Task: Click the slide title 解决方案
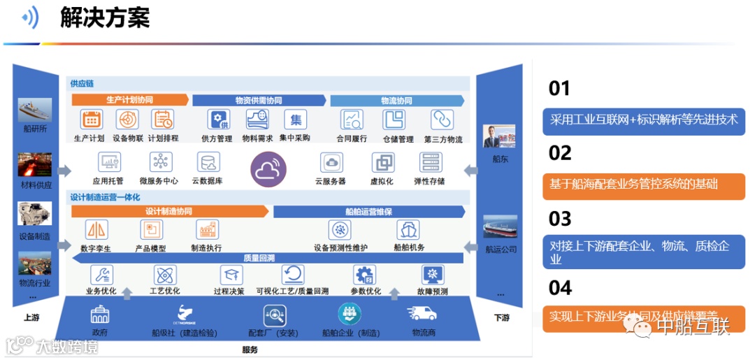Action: tap(105, 18)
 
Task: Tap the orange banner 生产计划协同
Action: tap(129, 100)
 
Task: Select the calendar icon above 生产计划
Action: tap(92, 120)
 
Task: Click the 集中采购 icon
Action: tap(296, 120)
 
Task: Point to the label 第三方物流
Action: tap(443, 139)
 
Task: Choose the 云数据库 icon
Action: tap(208, 162)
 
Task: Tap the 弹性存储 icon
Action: tap(430, 162)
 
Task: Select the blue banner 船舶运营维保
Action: tap(368, 211)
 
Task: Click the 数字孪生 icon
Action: tap(96, 229)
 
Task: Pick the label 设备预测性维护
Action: tap(340, 247)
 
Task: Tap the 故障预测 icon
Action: tap(432, 275)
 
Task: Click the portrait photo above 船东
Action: tap(498, 137)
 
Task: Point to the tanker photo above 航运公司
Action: tap(501, 227)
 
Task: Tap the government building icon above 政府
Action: tap(100, 314)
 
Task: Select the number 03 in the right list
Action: tap(560, 219)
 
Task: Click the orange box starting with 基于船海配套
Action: tap(643, 185)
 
